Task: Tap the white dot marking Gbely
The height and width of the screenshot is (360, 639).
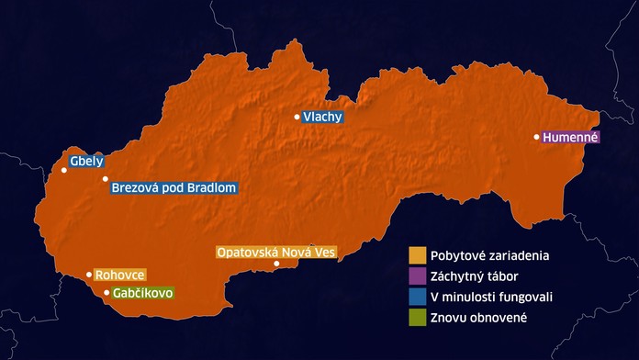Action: pyautogui.click(x=64, y=170)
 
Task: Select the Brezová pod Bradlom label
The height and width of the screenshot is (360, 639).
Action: pyautogui.click(x=174, y=188)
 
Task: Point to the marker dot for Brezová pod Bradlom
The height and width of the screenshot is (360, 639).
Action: pyautogui.click(x=106, y=179)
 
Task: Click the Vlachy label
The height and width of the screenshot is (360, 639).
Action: pyautogui.click(x=322, y=117)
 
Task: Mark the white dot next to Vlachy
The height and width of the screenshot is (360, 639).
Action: pyautogui.click(x=297, y=117)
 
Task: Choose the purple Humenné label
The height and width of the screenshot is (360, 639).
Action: pyautogui.click(x=570, y=138)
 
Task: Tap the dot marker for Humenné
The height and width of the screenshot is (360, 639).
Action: pyautogui.click(x=537, y=137)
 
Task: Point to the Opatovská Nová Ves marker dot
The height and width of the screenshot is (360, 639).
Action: pyautogui.click(x=276, y=264)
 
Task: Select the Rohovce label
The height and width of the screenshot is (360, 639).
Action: pyautogui.click(x=120, y=275)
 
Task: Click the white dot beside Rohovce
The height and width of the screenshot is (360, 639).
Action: pyautogui.click(x=89, y=274)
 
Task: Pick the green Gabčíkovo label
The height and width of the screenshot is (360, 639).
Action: pyautogui.click(x=142, y=293)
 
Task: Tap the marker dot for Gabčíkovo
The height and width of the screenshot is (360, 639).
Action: pyautogui.click(x=106, y=292)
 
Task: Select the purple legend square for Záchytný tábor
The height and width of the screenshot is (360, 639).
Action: pyautogui.click(x=417, y=276)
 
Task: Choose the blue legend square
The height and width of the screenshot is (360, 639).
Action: pyautogui.click(x=417, y=297)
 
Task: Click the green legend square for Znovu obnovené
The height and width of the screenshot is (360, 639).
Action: pyautogui.click(x=417, y=318)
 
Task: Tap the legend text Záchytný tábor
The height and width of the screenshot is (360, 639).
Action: pyautogui.click(x=476, y=276)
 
